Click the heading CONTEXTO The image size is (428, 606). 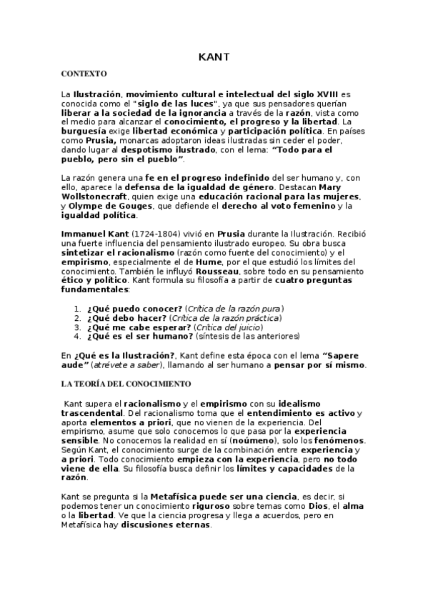(x=84, y=74)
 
